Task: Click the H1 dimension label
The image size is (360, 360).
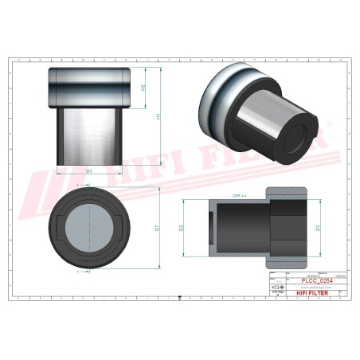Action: (158, 116)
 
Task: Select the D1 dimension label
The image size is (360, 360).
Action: (90, 171)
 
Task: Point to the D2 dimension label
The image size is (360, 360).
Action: (182, 229)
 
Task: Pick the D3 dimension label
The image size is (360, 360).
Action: (319, 229)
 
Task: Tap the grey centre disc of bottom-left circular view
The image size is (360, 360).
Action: (90, 227)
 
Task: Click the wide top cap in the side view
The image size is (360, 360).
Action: (90, 86)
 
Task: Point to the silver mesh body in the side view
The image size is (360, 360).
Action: (90, 135)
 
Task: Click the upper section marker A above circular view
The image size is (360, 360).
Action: (77, 185)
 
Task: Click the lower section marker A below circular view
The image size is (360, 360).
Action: (77, 271)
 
